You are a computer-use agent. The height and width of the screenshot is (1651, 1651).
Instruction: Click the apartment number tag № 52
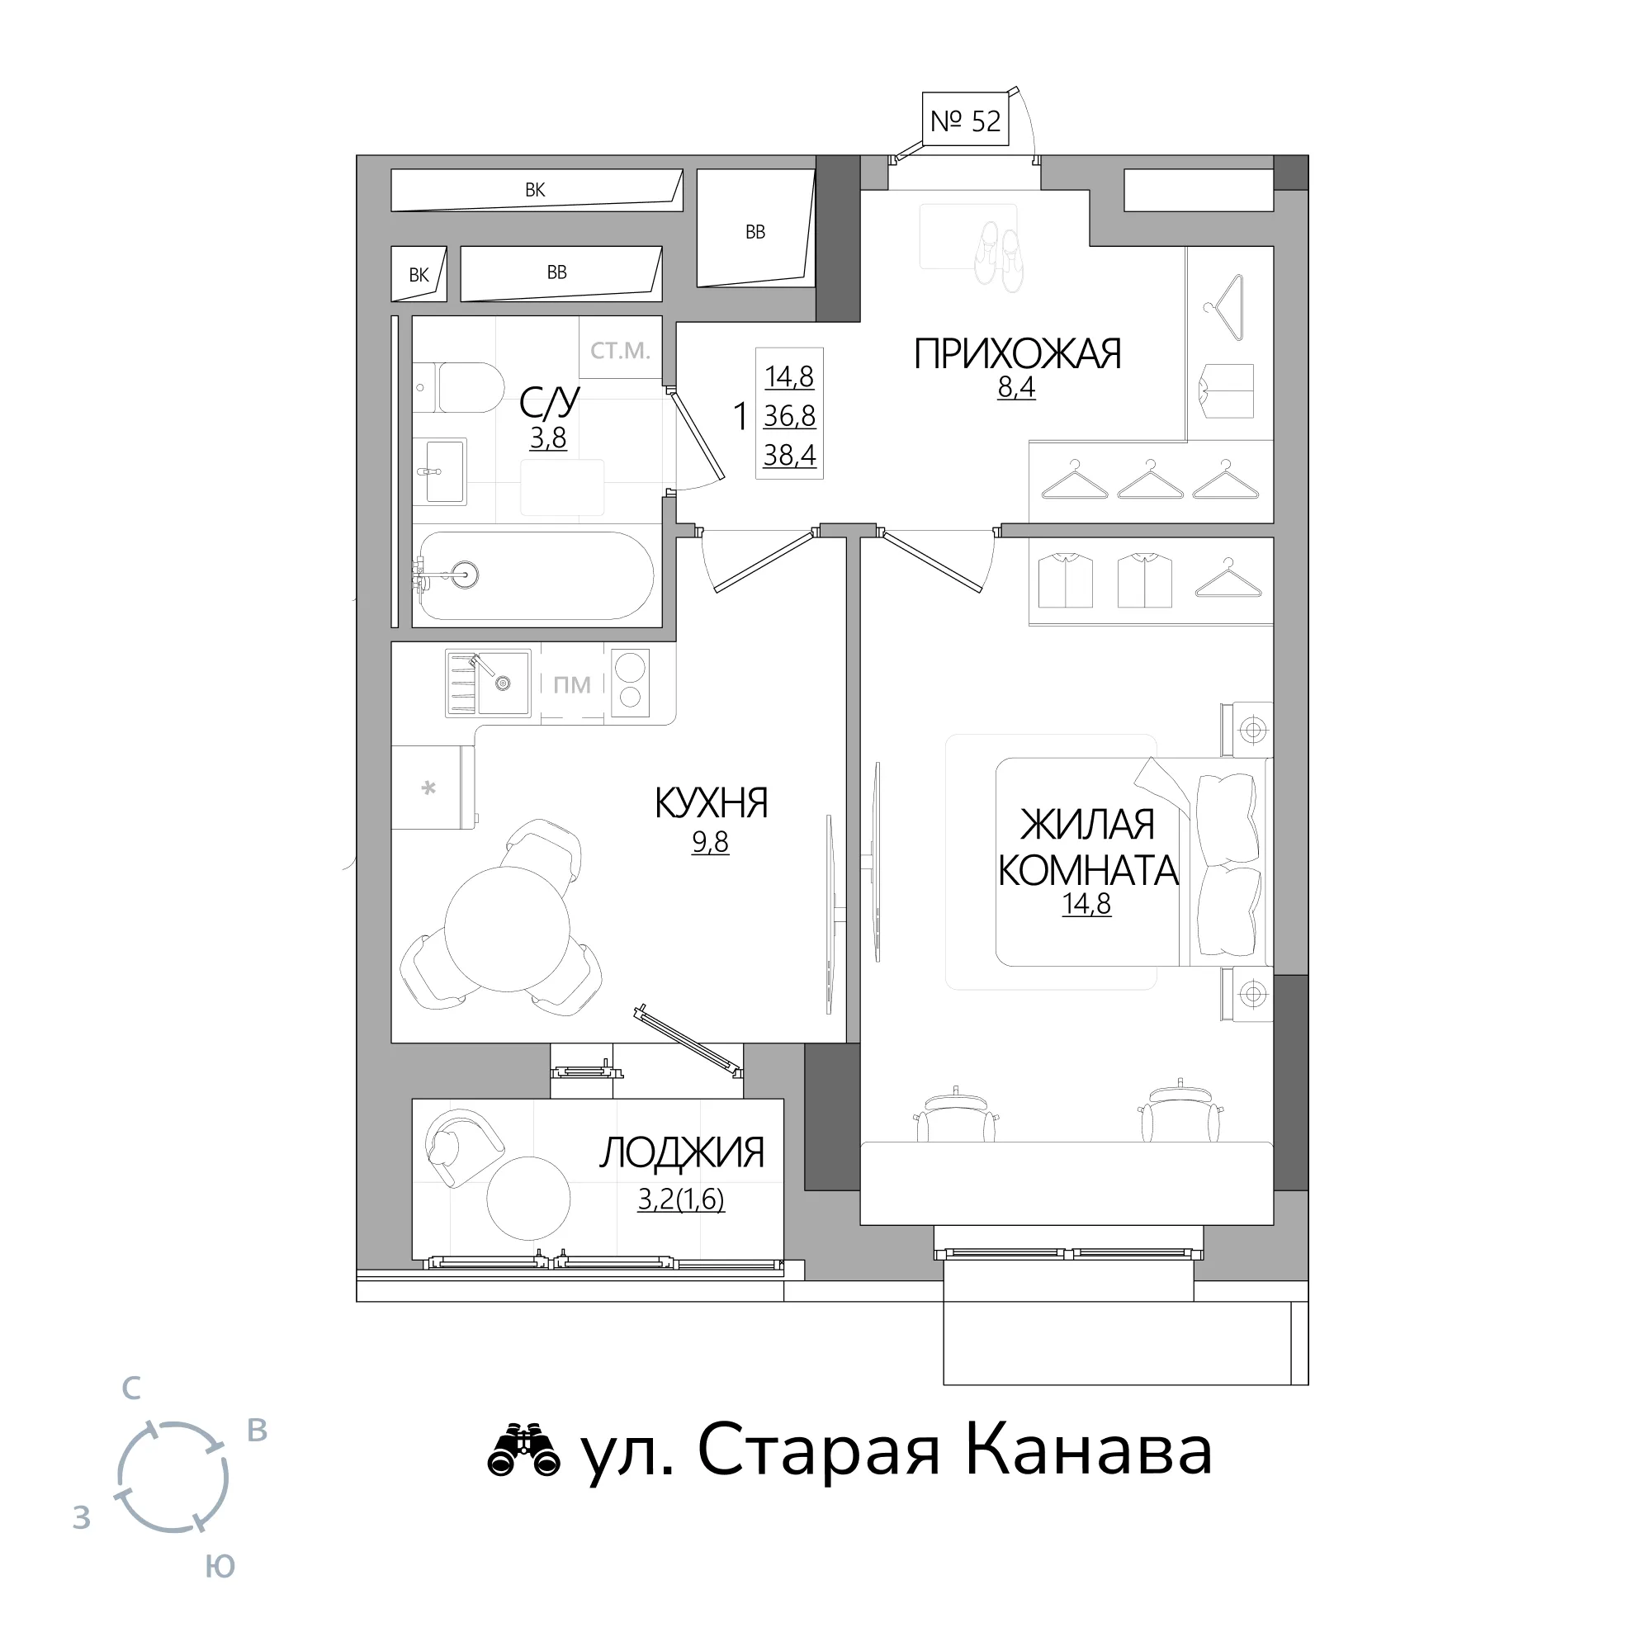click(x=966, y=121)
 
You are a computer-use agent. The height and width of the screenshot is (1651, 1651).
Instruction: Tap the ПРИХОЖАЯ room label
click(x=1017, y=354)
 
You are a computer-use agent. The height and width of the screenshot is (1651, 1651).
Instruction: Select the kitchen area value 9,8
click(x=710, y=842)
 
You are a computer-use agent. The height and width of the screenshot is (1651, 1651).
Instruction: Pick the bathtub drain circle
click(x=466, y=574)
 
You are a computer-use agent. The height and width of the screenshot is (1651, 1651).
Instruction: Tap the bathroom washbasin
click(x=440, y=471)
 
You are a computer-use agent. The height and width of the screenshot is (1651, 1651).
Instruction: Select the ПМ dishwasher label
click(x=572, y=684)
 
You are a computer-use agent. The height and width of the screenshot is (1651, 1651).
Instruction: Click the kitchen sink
click(x=488, y=682)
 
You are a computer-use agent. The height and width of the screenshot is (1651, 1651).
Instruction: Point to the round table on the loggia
click(x=528, y=1198)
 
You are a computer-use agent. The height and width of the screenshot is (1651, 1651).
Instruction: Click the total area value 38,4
click(x=790, y=456)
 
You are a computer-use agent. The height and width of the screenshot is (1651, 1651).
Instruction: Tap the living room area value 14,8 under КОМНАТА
click(x=1086, y=903)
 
